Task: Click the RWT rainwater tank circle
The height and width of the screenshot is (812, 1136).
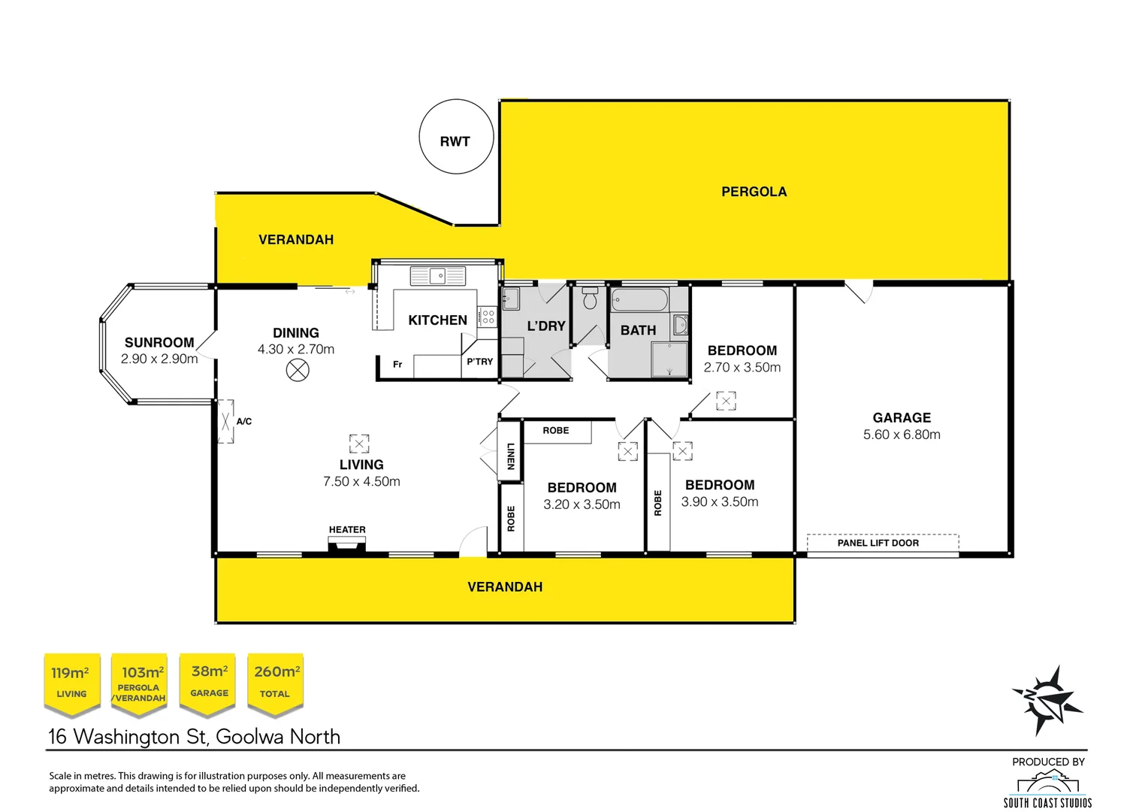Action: coord(455,138)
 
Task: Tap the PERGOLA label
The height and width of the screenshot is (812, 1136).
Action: coord(754,192)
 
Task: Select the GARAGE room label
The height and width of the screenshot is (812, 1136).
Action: coord(902,417)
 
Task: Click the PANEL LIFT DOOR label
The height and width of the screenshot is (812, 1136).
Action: coord(878,543)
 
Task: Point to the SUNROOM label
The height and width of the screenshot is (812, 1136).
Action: coord(159,342)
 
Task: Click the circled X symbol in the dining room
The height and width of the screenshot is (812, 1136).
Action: coord(298,370)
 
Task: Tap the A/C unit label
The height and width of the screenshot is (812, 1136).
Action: coord(244,421)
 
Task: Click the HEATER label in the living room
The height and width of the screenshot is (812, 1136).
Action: coord(347,529)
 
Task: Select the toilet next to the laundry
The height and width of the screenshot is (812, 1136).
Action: coord(590,298)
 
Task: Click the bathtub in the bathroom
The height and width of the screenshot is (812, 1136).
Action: coord(639,300)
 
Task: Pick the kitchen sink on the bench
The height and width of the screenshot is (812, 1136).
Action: coord(437,276)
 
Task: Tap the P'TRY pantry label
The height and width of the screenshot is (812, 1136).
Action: coord(480,362)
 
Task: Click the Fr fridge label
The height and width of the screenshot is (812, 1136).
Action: coord(397,365)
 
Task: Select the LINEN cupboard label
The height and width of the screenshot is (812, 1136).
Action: coord(511,456)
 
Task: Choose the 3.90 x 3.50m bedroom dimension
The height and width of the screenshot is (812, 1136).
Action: coord(720,501)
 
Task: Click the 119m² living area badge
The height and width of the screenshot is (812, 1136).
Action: coord(71,681)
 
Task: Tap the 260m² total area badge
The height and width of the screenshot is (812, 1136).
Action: coord(276,681)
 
